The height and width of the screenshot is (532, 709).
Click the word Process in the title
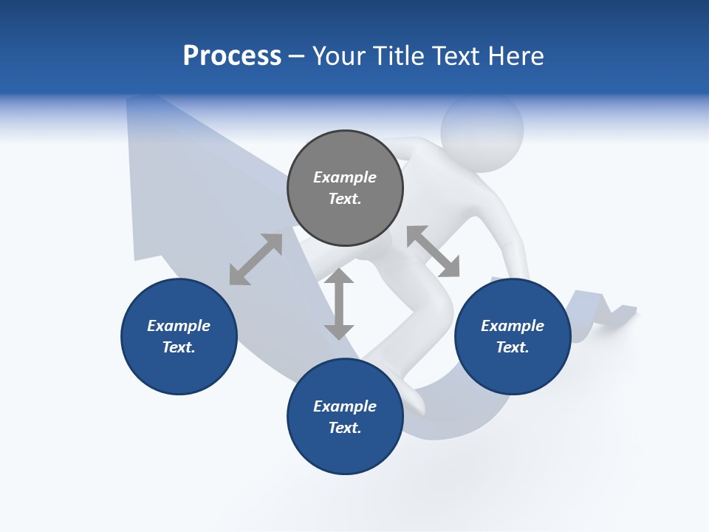point(232,56)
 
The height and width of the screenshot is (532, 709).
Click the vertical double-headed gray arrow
point(339,304)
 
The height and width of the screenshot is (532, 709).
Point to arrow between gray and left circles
point(256,259)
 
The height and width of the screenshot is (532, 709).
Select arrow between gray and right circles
point(433,251)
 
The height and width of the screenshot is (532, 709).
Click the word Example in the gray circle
point(345,177)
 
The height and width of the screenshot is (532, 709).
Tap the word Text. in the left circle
point(179,347)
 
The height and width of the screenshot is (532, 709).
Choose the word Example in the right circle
point(513,326)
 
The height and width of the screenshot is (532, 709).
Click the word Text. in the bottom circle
point(345,428)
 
